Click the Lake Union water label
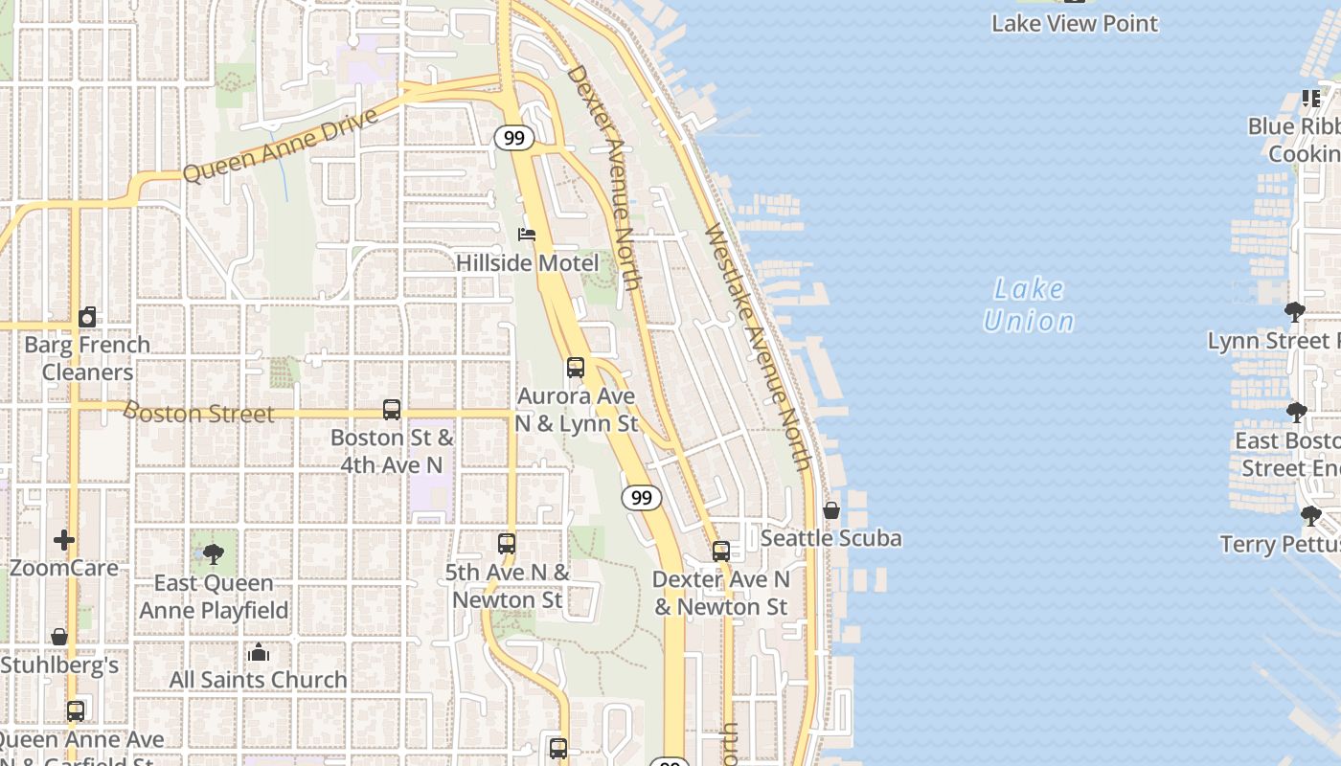coord(1029,304)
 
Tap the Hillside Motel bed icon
coord(526,235)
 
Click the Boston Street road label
coord(199,414)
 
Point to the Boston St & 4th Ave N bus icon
coord(392,410)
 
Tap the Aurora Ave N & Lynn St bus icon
coord(576,368)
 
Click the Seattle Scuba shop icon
coord(831,511)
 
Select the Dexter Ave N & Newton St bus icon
coord(721,552)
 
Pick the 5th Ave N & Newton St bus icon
coord(507,545)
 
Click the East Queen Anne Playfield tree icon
coord(214,554)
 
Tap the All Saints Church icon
coord(259,653)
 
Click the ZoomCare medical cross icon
coord(64,541)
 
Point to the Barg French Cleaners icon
coord(87,317)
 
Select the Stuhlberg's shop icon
coord(59,637)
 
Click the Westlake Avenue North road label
coord(758,347)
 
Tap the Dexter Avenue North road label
coord(603,177)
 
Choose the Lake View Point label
coord(1075,23)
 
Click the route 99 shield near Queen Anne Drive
coord(514,138)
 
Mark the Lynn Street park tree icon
coord(1295,311)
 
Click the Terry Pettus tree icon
coord(1311,516)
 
